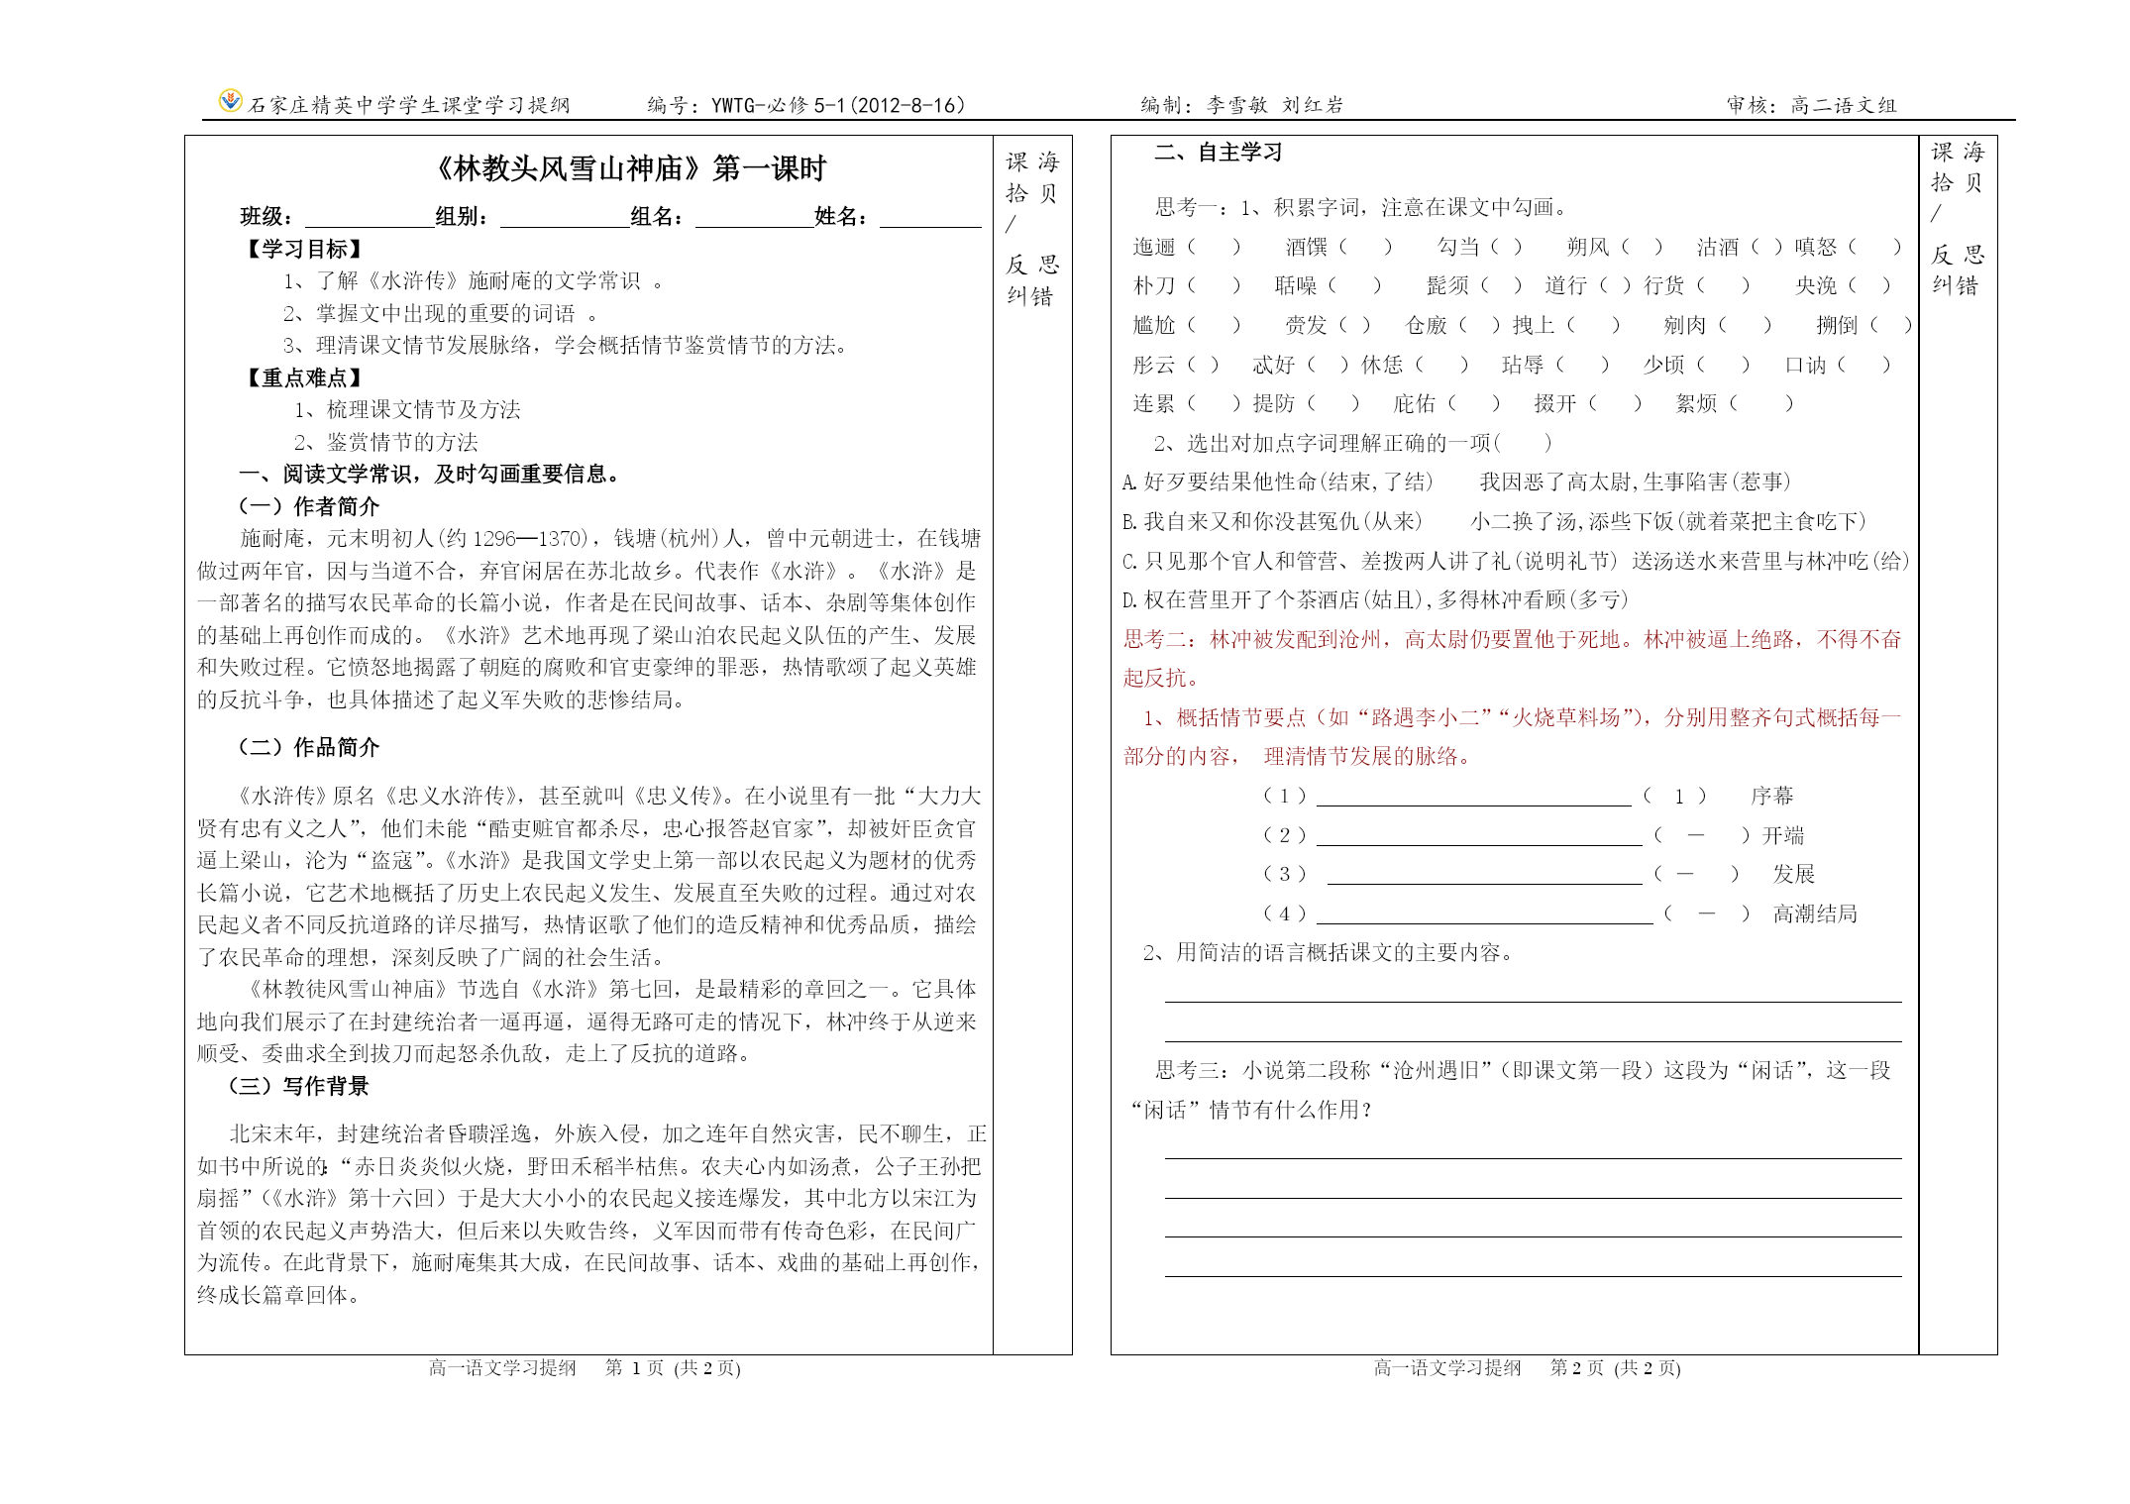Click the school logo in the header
(230, 101)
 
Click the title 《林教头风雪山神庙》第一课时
(630, 169)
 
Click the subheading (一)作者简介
(309, 507)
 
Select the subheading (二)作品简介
(309, 748)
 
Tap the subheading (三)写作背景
(298, 1087)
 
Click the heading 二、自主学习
(1219, 153)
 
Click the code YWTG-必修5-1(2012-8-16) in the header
(838, 106)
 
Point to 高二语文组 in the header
(1844, 106)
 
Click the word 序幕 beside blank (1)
(1772, 797)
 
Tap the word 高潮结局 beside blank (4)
(1815, 914)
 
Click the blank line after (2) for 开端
(1478, 838)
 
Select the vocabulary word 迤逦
(1154, 248)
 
